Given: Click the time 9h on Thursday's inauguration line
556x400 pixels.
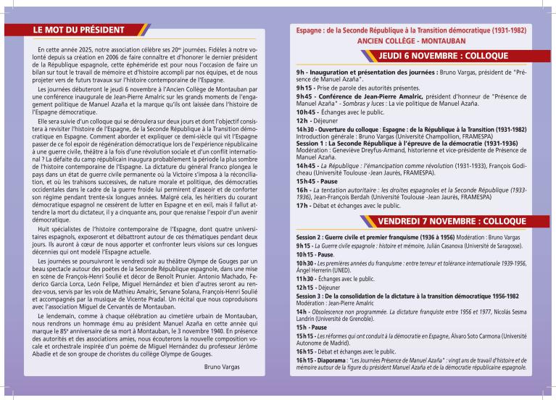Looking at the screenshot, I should pos(300,74).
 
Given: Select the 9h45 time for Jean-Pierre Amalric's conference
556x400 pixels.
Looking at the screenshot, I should pos(304,96).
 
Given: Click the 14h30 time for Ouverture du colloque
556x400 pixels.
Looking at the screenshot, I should pos(305,128).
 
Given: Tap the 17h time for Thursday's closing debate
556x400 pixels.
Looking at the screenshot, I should pos(301,205).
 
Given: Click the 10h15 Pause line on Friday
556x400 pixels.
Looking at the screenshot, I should pos(313,255).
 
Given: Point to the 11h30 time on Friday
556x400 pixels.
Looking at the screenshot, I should pos(304,278).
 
